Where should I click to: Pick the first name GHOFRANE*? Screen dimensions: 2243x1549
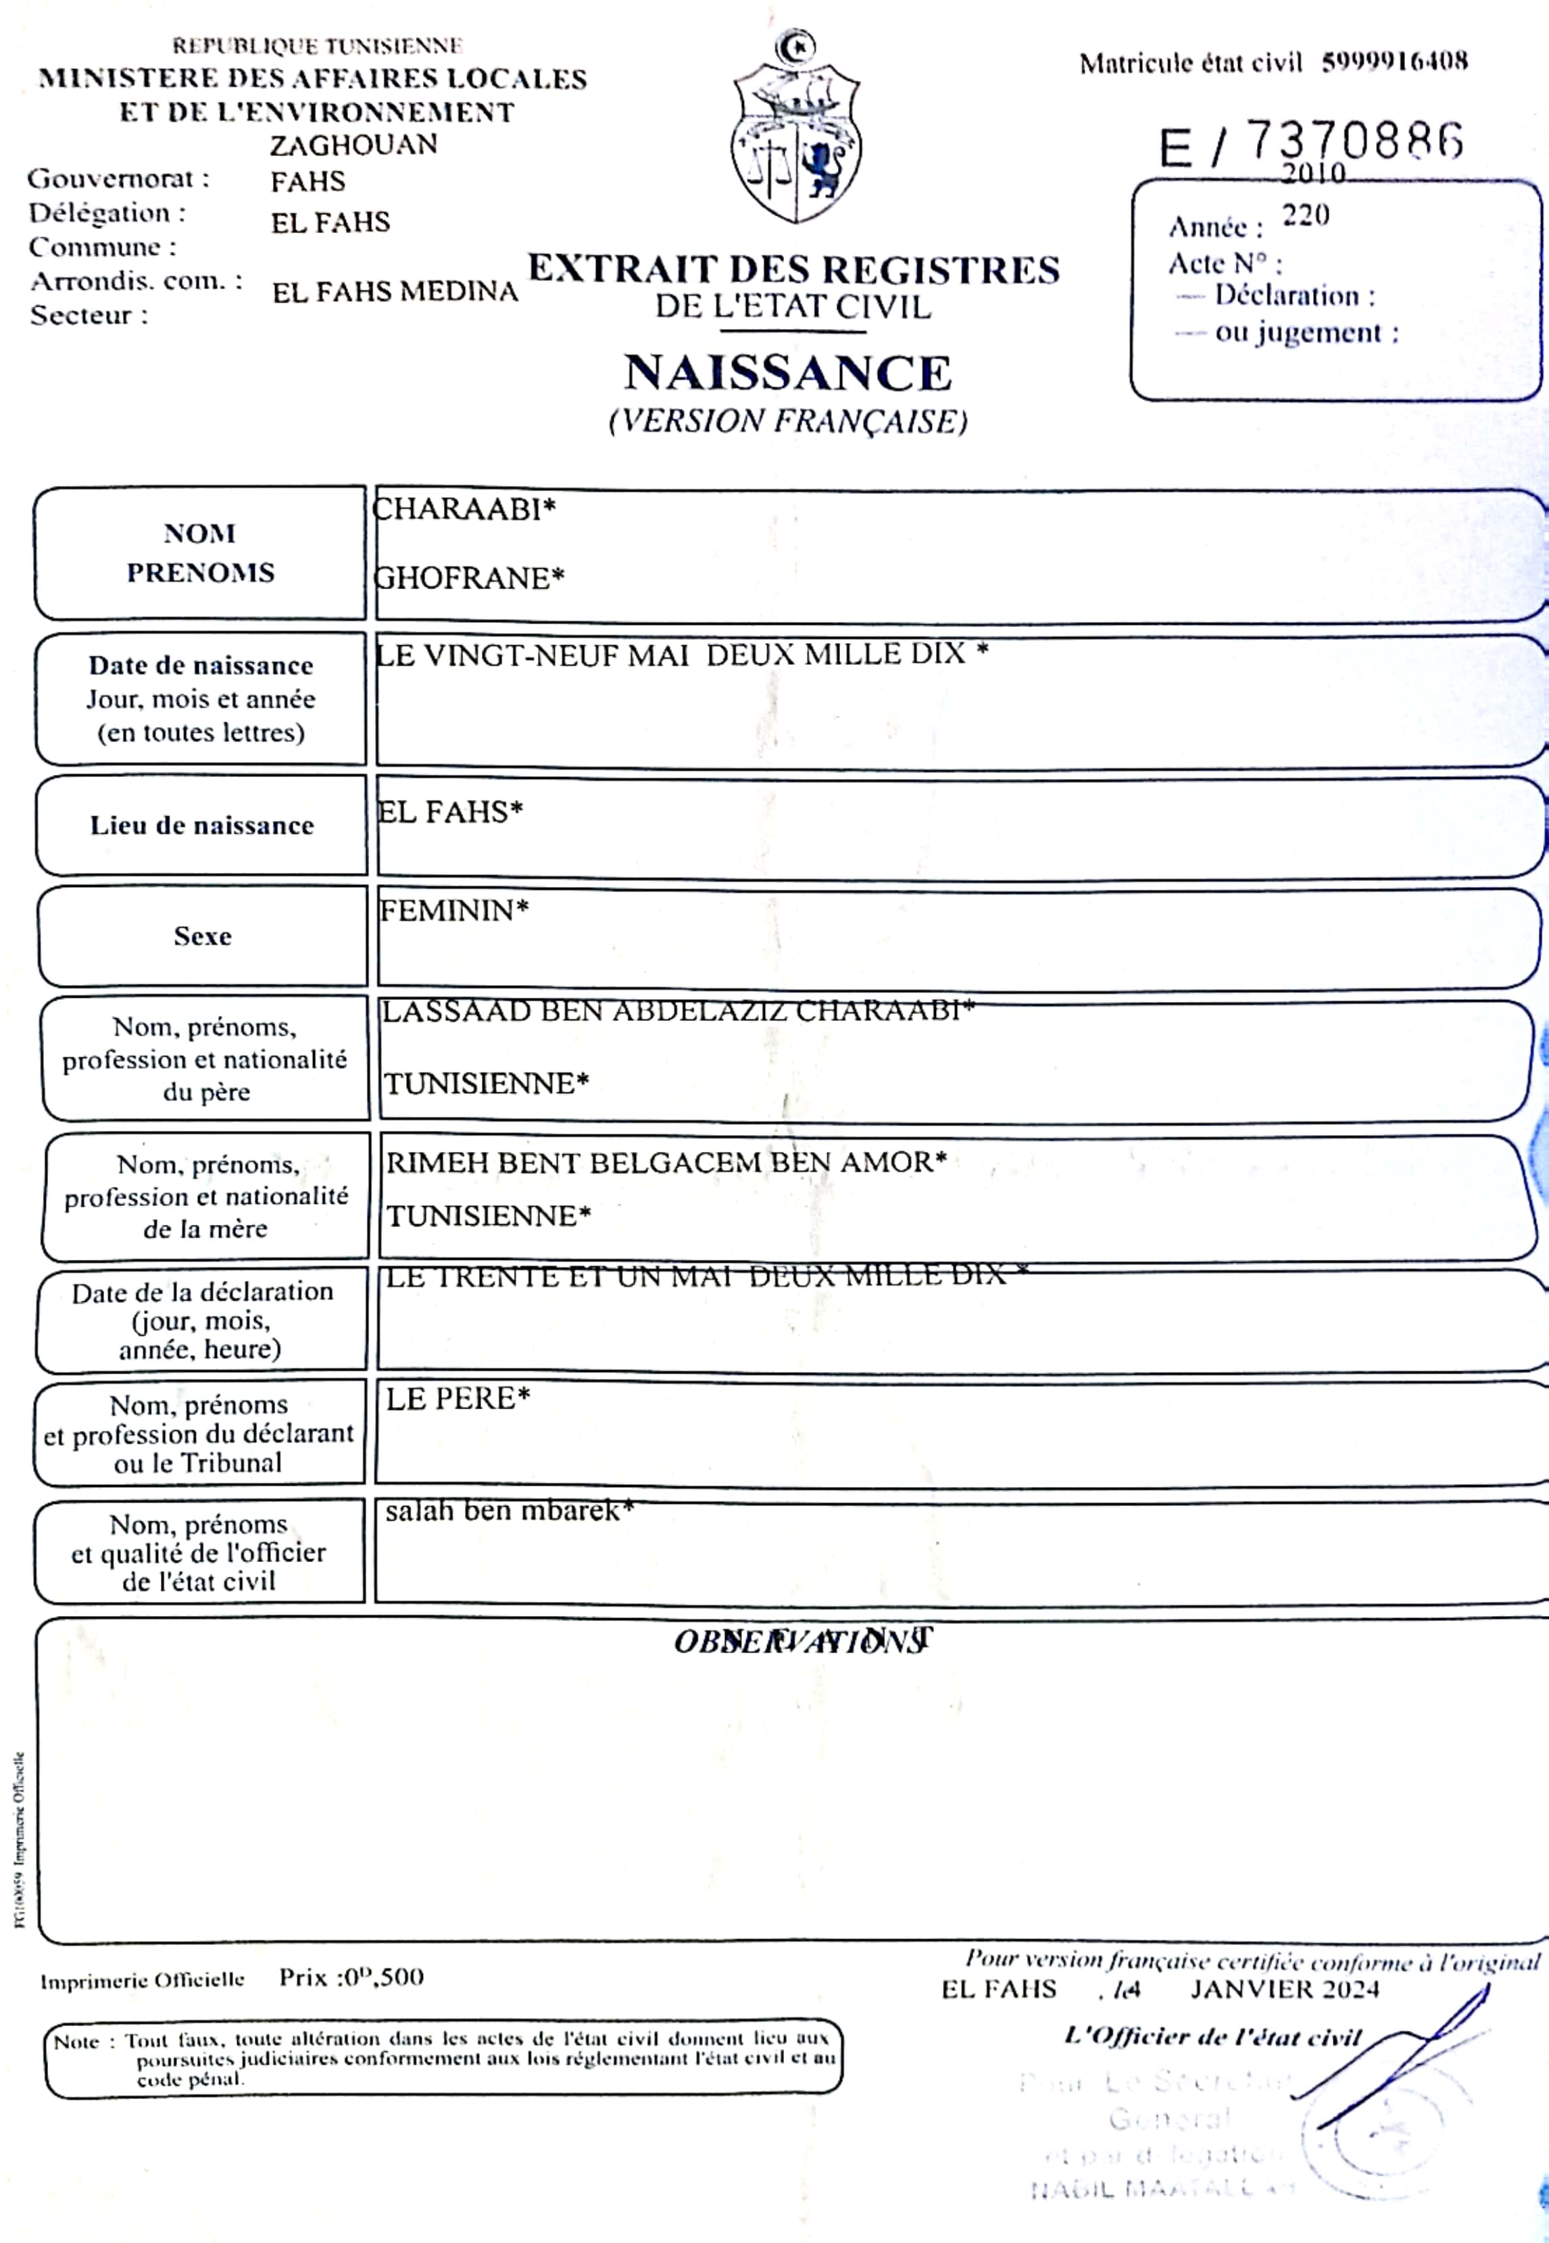469,578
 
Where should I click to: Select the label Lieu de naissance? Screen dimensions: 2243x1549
202,826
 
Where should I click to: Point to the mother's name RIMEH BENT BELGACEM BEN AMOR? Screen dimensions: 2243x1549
666,1161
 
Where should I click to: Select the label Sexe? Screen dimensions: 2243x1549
203,936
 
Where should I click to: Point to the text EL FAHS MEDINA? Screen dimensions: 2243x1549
395,292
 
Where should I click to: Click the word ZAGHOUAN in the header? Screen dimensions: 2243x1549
353,145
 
